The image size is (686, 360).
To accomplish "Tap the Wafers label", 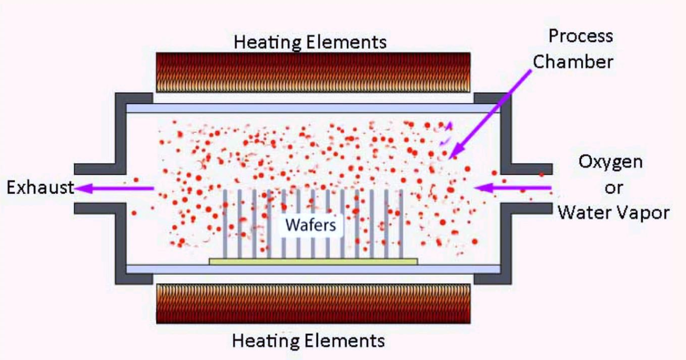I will pyautogui.click(x=311, y=224).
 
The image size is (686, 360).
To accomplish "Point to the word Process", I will pyautogui.click(x=580, y=37).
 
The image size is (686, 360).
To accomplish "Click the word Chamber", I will pyautogui.click(x=573, y=61).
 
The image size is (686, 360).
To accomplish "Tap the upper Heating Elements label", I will pyautogui.click(x=310, y=42).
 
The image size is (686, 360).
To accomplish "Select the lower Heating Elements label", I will pyautogui.click(x=309, y=340).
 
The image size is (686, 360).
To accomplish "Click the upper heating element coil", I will pyautogui.click(x=313, y=73).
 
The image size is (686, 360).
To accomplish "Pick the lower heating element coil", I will pyautogui.click(x=313, y=303).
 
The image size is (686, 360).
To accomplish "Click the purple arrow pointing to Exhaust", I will pyautogui.click(x=114, y=188).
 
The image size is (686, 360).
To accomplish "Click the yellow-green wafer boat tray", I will pyautogui.click(x=313, y=261).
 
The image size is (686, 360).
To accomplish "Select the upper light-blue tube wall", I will pyautogui.click(x=313, y=108).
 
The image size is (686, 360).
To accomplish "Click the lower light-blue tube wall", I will pyautogui.click(x=313, y=269).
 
